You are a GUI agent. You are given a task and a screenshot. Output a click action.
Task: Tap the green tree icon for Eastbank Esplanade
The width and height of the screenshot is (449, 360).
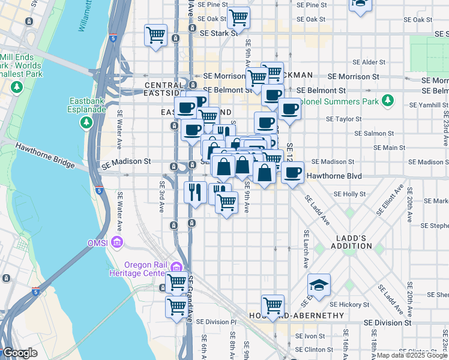point(87,122)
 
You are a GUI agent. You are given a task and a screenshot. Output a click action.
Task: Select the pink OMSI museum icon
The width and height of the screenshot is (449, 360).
point(118,242)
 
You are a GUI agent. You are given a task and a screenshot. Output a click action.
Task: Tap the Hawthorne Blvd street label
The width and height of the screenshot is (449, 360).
point(334,176)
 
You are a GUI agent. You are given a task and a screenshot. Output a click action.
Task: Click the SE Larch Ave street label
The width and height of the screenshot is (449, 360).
point(306,249)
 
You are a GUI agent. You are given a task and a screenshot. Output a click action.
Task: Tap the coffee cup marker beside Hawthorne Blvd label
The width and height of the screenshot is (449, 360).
point(292,173)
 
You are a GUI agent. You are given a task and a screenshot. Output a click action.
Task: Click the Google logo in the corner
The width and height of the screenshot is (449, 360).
point(19,353)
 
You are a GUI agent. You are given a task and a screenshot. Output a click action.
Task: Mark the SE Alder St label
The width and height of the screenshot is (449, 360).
point(373,62)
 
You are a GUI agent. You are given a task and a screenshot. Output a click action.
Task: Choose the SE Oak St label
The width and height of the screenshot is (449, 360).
point(418,20)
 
